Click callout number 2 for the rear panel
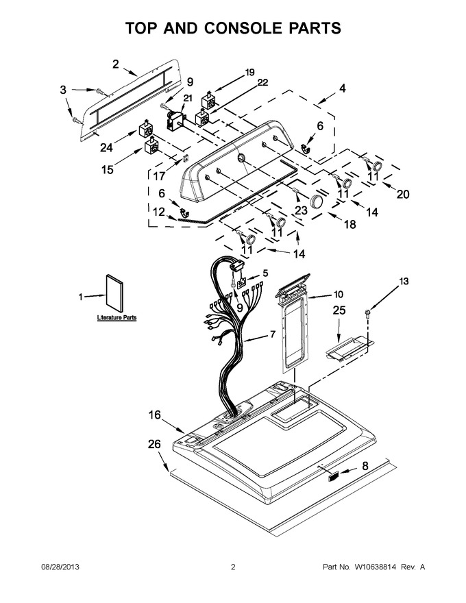[x=116, y=64]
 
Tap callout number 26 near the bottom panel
[x=154, y=444]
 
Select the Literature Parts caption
[x=116, y=318]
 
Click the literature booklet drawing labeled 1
[x=115, y=293]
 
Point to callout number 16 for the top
[x=155, y=415]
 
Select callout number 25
[x=339, y=310]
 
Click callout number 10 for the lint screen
[x=339, y=294]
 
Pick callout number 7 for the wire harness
[x=273, y=334]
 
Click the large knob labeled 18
[x=317, y=201]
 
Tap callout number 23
[x=301, y=210]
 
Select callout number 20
[x=403, y=194]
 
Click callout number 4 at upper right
[x=342, y=88]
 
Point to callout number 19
[x=250, y=72]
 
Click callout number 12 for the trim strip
[x=159, y=212]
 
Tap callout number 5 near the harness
[x=265, y=273]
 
